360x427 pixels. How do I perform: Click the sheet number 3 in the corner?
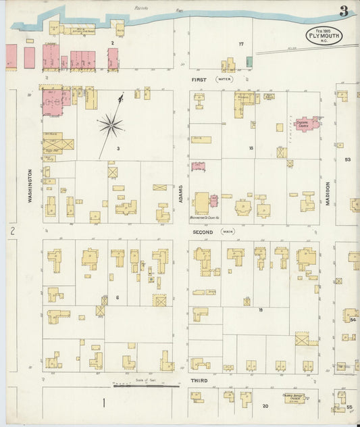tap(344, 11)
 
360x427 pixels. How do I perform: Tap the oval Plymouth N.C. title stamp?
tap(324, 36)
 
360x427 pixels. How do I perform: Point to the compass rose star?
tap(110, 124)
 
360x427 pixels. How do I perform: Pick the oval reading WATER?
tap(224, 79)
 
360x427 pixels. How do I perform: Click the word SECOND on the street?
tap(203, 232)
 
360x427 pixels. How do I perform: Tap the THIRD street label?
tap(199, 381)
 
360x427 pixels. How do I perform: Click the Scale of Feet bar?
tap(146, 385)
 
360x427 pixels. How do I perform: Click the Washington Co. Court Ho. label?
tap(207, 218)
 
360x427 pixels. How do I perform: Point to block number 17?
tap(240, 44)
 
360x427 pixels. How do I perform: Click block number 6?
tap(117, 298)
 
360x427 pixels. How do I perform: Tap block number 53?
tap(348, 159)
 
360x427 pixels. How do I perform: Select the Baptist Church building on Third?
tap(292, 398)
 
